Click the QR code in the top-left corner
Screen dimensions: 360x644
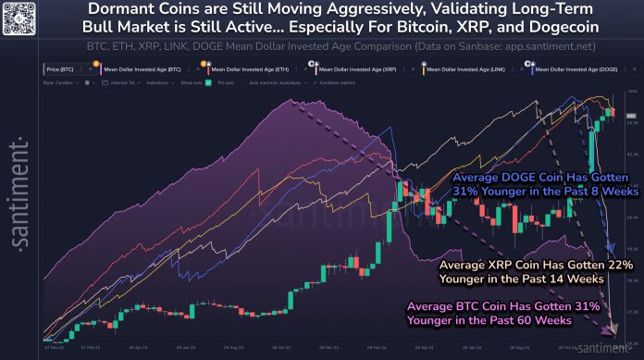(19, 18)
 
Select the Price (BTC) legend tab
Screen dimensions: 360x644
(62, 69)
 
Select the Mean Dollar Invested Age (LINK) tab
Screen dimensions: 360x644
(468, 69)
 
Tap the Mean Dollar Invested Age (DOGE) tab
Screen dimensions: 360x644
(575, 69)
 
